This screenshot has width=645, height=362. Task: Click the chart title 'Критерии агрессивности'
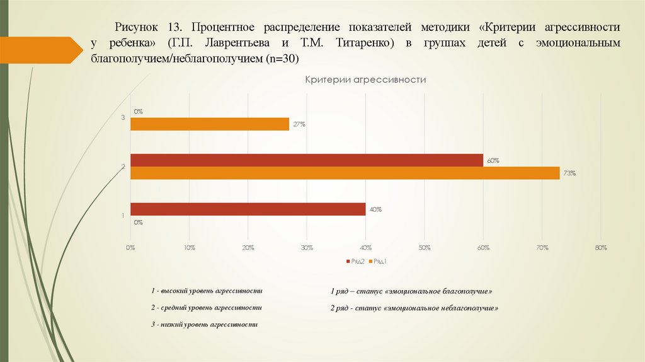365,80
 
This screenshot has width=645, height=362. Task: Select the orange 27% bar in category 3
209,124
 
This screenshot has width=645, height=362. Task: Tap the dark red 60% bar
306,160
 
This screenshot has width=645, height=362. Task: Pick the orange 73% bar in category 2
345,173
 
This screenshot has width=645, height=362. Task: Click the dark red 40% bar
248,209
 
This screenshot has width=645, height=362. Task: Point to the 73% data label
570,173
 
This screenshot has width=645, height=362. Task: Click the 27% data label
299,124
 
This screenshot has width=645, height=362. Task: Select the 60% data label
493,160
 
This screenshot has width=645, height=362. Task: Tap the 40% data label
375,209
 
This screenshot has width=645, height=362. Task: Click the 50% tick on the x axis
425,248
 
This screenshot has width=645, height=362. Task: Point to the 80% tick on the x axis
600,248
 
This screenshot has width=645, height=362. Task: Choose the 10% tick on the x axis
189,248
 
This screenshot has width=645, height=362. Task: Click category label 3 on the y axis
123,118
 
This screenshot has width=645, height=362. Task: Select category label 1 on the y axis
123,216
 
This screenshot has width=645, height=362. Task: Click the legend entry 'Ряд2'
356,261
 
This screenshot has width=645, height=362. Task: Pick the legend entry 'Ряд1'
380,261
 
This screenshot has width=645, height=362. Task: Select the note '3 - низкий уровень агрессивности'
205,324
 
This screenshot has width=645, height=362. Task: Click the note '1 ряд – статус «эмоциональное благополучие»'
411,292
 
